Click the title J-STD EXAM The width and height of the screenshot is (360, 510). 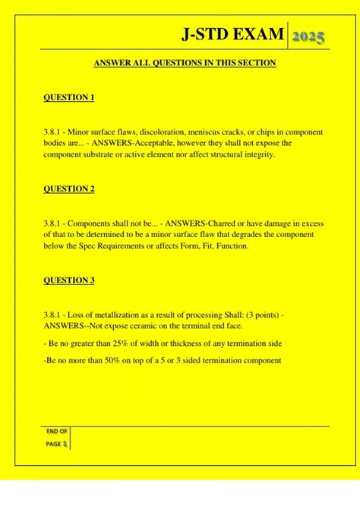tap(234, 34)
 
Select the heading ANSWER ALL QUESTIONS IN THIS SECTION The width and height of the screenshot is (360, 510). tap(185, 64)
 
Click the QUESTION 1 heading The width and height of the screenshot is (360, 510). tap(69, 99)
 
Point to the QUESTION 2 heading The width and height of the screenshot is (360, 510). tap(69, 189)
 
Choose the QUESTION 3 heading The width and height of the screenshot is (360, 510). tap(69, 280)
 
